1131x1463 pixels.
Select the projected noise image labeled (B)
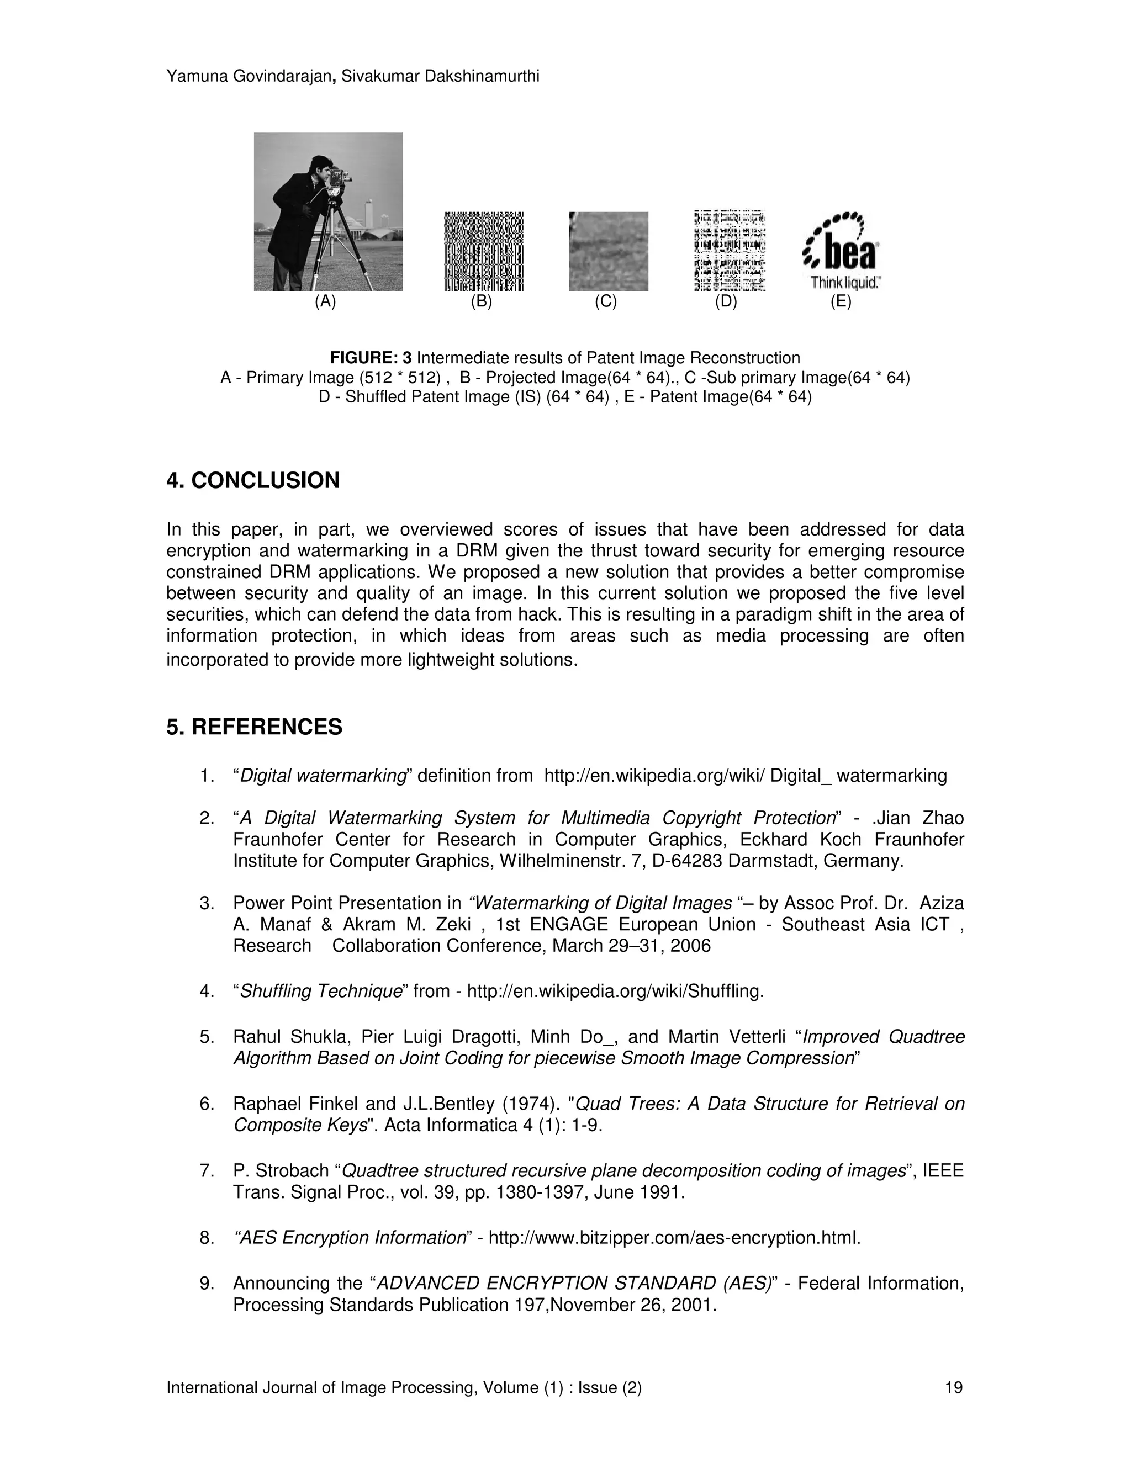(484, 251)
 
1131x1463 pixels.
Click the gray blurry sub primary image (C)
(609, 251)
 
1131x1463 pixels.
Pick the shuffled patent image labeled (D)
(730, 251)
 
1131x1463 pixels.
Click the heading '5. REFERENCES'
(254, 727)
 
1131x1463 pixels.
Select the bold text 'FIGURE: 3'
(371, 358)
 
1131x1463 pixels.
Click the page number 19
(953, 1387)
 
